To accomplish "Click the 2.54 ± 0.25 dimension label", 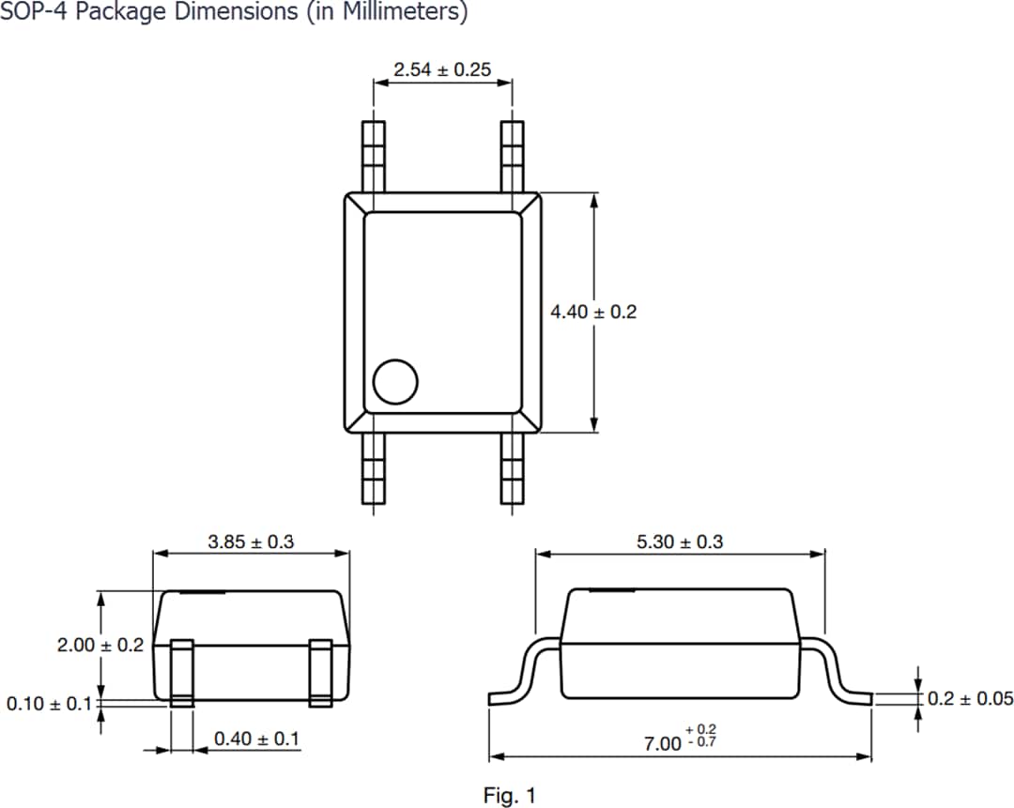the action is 442,69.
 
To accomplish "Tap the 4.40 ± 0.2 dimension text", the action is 593,312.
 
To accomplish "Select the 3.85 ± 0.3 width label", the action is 251,541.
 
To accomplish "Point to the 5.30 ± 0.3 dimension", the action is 680,541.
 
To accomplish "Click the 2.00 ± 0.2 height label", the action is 100,645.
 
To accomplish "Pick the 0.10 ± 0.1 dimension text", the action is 49,703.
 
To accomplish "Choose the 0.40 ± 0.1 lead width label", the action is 256,739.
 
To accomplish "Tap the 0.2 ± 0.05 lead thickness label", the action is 970,698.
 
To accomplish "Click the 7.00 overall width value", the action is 662,744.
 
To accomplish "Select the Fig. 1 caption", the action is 510,796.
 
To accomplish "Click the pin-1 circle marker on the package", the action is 395,381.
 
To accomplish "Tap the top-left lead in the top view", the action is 373,157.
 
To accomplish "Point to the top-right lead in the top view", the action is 513,157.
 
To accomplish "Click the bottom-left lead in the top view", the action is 373,468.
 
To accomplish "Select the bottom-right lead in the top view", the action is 513,468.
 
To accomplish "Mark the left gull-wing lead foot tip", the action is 489,699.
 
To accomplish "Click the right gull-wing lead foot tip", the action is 871,699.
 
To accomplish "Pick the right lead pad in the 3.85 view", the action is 321,673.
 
